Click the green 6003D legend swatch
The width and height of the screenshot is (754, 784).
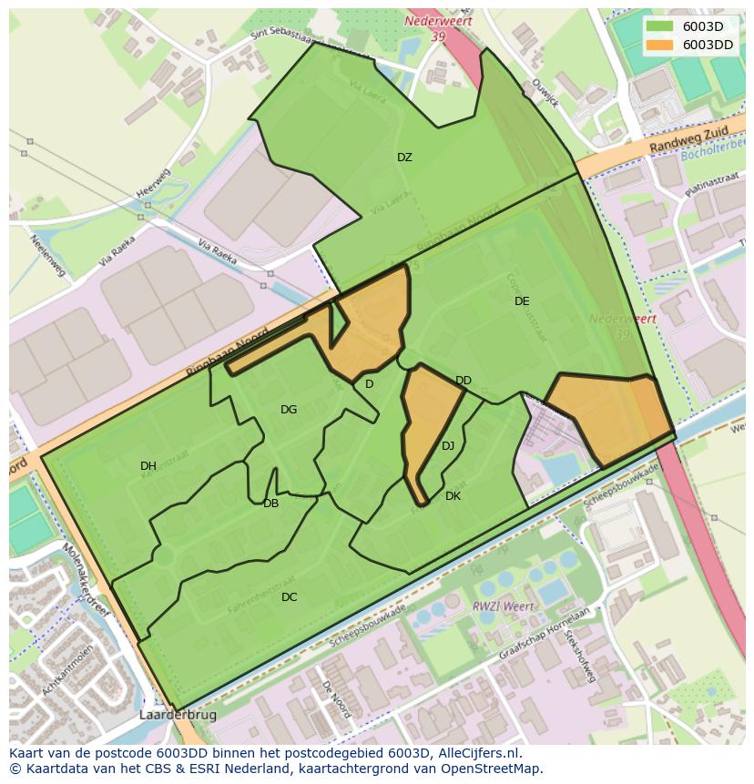click(661, 26)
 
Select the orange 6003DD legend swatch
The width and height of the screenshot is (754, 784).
click(661, 44)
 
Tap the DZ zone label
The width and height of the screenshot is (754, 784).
click(404, 158)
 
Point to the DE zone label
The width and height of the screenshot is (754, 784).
click(522, 301)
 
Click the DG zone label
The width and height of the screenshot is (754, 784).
click(289, 410)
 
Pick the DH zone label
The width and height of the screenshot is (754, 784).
click(148, 466)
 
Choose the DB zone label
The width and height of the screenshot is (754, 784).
click(270, 504)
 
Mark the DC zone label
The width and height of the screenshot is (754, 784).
click(289, 597)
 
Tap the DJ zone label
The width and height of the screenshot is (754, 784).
click(448, 446)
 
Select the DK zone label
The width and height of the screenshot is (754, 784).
click(453, 496)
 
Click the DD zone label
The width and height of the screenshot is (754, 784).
click(464, 381)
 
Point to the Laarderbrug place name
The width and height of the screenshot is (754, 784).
click(178, 716)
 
